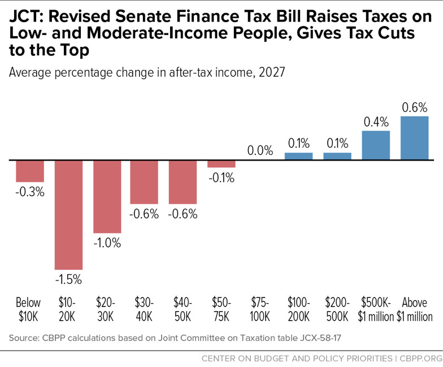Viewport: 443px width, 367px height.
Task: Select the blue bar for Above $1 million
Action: click(x=415, y=138)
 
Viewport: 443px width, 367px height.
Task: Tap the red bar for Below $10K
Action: click(x=29, y=171)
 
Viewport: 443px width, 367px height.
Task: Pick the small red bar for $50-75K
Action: click(x=221, y=164)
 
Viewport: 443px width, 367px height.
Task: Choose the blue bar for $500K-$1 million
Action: click(x=376, y=145)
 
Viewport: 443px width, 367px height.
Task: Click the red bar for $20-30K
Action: click(x=107, y=197)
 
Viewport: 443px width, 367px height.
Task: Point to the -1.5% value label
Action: click(x=68, y=279)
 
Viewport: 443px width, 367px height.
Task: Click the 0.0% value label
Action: click(x=260, y=151)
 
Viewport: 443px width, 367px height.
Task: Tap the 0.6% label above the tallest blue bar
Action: click(x=415, y=107)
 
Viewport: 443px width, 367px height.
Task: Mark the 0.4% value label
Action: click(x=376, y=122)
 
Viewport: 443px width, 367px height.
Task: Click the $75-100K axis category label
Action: click(x=260, y=309)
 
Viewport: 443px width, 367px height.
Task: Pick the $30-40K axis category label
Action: click(x=145, y=309)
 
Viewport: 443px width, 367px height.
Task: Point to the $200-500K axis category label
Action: click(x=337, y=309)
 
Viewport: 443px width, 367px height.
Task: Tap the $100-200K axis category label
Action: click(x=299, y=309)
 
